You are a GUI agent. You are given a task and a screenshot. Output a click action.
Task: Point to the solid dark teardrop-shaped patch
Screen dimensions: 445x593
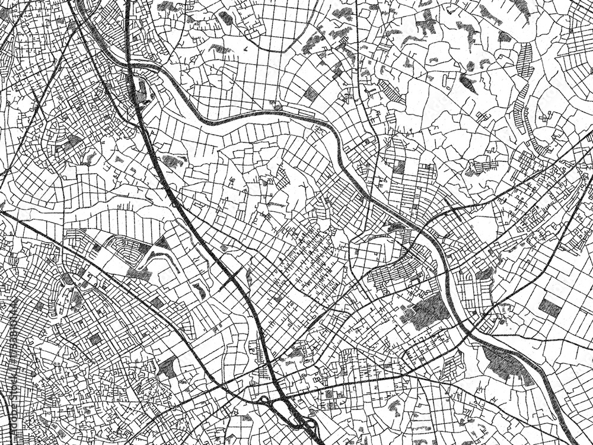click(x=468, y=83)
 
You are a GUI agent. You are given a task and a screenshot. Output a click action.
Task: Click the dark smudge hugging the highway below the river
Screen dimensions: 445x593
click(x=173, y=160)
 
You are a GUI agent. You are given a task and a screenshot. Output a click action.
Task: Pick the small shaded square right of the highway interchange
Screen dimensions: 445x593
click(x=329, y=393)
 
